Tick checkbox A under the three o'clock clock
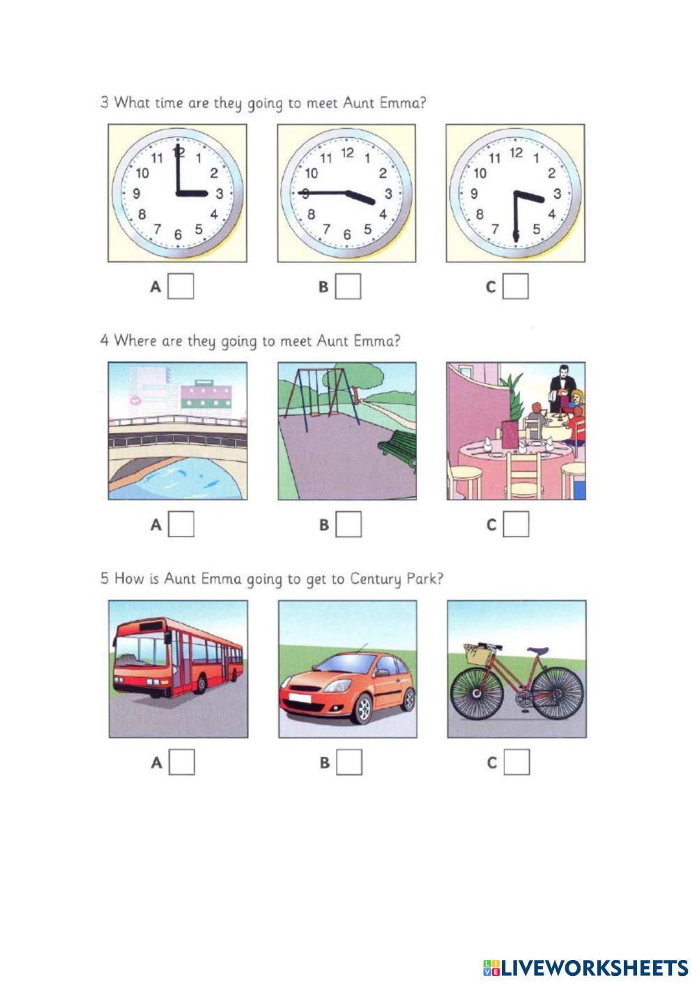point(181,286)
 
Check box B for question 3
point(348,286)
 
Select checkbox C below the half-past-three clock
point(516,286)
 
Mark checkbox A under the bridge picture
point(181,524)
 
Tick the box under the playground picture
point(348,524)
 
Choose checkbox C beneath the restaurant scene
point(516,524)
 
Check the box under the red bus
point(182,762)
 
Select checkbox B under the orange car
point(349,762)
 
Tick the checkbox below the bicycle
point(517,762)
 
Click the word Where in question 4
point(135,341)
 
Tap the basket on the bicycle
point(478,654)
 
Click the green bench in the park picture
point(398,449)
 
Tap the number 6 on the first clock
point(178,235)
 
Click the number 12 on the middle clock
point(347,153)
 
